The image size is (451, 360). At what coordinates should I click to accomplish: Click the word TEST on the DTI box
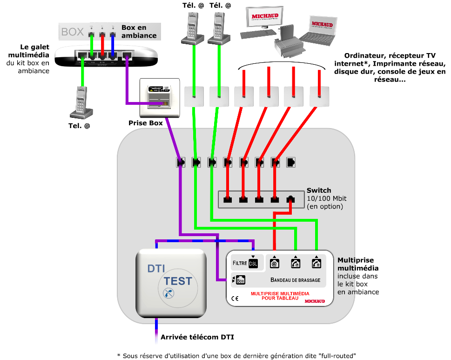(x=178, y=281)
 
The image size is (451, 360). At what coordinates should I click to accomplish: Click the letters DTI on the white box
(x=156, y=268)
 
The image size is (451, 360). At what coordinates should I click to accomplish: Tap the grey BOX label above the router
(x=73, y=32)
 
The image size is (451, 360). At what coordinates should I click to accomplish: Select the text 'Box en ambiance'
(x=139, y=32)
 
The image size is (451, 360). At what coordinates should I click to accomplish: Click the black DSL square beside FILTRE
(x=253, y=264)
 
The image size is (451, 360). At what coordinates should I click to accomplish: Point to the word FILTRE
(x=239, y=263)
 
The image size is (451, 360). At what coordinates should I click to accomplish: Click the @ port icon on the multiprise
(x=275, y=264)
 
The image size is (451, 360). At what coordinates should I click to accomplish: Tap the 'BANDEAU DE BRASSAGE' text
(x=295, y=280)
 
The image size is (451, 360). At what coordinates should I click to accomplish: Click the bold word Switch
(x=319, y=190)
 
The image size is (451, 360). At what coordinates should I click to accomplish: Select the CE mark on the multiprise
(x=235, y=299)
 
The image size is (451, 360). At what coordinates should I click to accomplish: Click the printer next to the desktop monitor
(x=289, y=43)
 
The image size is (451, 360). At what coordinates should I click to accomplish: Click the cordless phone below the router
(x=81, y=103)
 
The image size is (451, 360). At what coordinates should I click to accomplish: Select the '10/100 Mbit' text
(x=326, y=198)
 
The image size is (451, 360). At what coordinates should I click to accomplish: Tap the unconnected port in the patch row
(x=291, y=163)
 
